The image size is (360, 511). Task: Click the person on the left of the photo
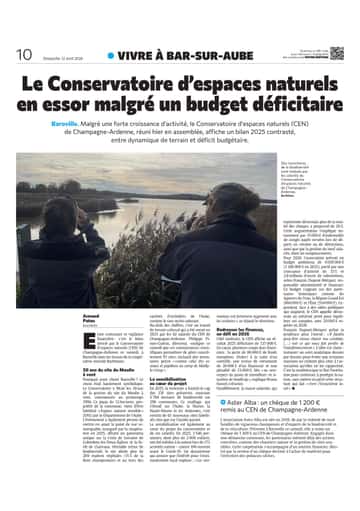click(x=65, y=230)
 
